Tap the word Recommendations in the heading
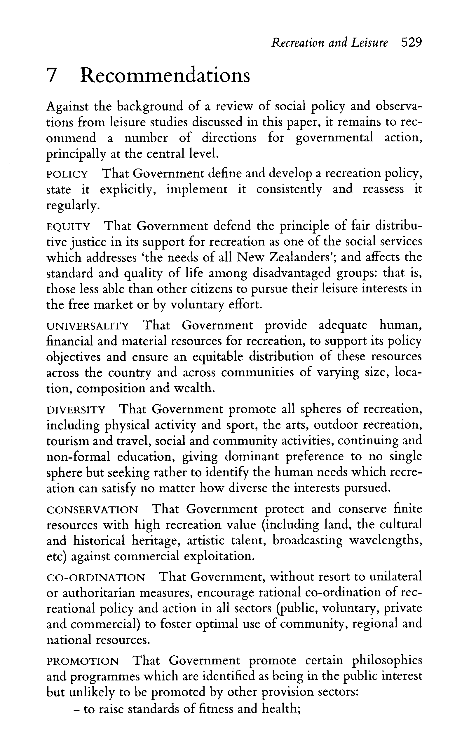click(165, 75)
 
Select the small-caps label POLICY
click(67, 175)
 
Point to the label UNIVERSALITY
click(88, 326)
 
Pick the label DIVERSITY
click(76, 410)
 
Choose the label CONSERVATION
click(92, 510)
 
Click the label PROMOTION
click(83, 661)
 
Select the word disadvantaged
click(292, 273)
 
